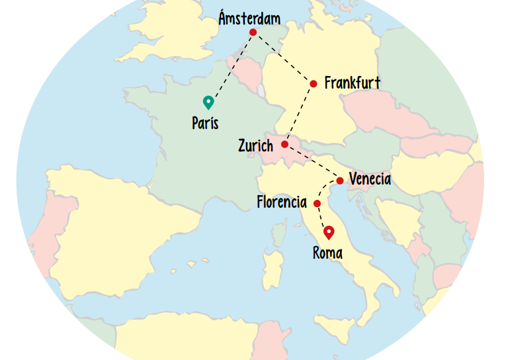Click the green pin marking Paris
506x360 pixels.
[208, 101]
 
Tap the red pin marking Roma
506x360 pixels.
[328, 232]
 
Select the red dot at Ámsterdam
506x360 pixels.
[253, 32]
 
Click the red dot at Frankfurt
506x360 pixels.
[314, 83]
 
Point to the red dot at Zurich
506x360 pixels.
[284, 144]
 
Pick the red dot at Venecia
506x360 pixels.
[339, 181]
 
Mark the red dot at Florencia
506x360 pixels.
[317, 203]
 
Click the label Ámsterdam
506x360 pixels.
[249, 18]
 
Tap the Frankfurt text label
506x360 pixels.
[353, 83]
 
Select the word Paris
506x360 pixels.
[205, 123]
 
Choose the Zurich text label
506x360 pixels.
[255, 146]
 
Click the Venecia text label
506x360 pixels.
[370, 179]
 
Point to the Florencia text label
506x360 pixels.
[282, 202]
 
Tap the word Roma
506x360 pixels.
[327, 252]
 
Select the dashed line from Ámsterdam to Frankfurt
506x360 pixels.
[283, 58]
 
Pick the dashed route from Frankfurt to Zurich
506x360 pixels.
[300, 113]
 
